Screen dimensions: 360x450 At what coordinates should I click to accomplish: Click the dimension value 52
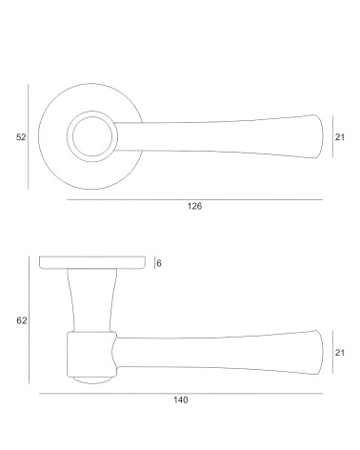(21, 137)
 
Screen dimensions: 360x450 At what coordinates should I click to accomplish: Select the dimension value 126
(194, 206)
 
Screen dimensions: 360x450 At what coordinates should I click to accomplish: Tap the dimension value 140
(180, 399)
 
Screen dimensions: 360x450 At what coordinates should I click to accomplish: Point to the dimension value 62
(22, 320)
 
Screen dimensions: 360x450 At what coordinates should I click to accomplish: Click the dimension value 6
(159, 263)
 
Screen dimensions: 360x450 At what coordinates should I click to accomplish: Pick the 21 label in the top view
(340, 137)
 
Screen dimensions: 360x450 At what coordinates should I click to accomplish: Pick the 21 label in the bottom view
(340, 353)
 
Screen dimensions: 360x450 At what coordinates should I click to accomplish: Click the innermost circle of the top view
(92, 117)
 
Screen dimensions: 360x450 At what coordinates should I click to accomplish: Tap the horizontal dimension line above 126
(195, 200)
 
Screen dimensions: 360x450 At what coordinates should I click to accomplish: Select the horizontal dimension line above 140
(181, 394)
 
